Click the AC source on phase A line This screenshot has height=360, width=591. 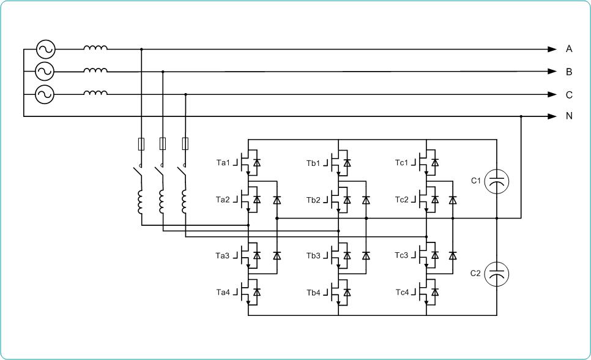point(46,49)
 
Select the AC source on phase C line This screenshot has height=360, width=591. point(45,94)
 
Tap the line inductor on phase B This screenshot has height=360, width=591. point(95,70)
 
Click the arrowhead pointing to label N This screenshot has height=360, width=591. point(552,116)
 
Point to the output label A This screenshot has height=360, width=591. point(569,49)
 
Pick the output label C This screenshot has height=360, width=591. point(569,95)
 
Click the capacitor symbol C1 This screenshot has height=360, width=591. point(496,181)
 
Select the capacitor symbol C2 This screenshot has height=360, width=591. point(496,274)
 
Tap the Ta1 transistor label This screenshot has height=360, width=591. point(223,163)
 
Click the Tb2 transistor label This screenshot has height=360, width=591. point(313,200)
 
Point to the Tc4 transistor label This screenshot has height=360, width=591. point(402,293)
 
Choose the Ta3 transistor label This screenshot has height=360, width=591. point(222,256)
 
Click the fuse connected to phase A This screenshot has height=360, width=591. point(141,144)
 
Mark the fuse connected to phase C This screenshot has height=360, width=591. point(185,144)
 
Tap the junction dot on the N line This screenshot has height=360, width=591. point(521,116)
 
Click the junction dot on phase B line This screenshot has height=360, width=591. point(163,71)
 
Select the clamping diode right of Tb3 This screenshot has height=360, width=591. point(366,255)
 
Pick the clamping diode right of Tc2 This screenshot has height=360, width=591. point(453,200)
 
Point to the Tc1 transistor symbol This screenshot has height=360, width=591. point(428,163)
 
